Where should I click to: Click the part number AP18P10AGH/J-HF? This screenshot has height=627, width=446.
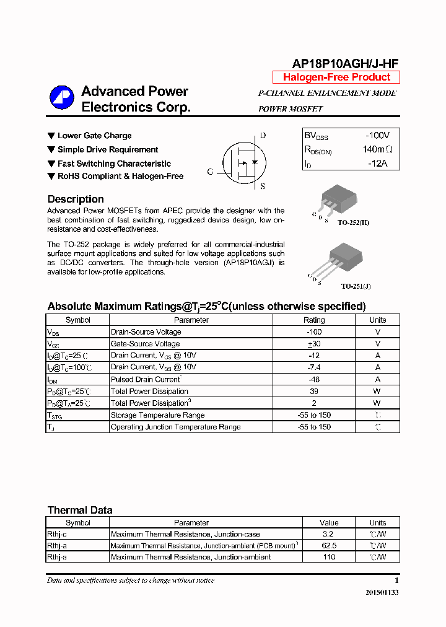(345, 63)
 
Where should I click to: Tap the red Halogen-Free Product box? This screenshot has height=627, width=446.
(336, 77)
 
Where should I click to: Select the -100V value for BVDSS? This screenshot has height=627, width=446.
(377, 135)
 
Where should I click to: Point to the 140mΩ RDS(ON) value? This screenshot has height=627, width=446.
(377, 149)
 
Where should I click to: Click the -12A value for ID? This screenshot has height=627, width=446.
(377, 163)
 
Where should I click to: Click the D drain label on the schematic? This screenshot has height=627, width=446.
(263, 136)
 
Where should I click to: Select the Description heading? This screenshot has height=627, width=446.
(76, 199)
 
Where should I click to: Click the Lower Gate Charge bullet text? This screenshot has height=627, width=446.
(94, 136)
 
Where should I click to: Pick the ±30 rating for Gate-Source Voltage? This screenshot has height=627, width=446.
(313, 344)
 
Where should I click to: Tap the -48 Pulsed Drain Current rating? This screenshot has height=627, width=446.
(313, 379)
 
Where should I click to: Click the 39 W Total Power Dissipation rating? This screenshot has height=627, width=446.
(313, 391)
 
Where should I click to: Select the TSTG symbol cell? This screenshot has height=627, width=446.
(77, 415)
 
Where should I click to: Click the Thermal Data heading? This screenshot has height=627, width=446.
(80, 511)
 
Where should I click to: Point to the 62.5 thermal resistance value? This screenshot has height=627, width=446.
(329, 546)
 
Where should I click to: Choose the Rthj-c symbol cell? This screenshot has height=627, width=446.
(77, 534)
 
